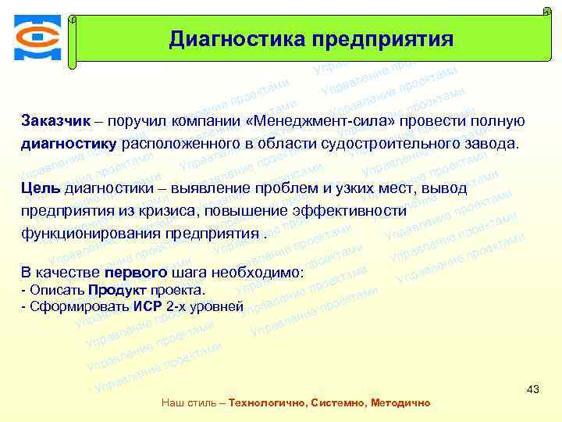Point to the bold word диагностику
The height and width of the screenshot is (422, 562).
pyautogui.click(x=69, y=144)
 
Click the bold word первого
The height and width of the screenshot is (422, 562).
pyautogui.click(x=140, y=273)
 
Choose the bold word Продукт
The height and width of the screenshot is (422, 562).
pyautogui.click(x=115, y=291)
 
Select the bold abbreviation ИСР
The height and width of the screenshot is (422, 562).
pyautogui.click(x=148, y=306)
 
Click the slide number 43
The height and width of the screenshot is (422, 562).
pyautogui.click(x=533, y=388)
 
